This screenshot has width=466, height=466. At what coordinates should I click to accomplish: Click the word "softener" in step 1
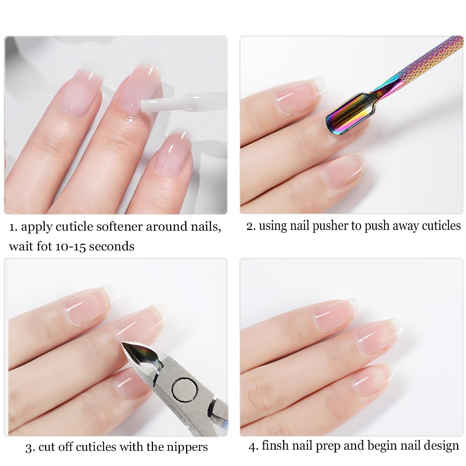tap(120, 227)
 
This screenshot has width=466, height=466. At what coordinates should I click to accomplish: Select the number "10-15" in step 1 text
tap(71, 247)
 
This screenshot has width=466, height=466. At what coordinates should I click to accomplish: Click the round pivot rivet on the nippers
tap(185, 390)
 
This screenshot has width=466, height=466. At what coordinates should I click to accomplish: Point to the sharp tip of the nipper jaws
tap(122, 343)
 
